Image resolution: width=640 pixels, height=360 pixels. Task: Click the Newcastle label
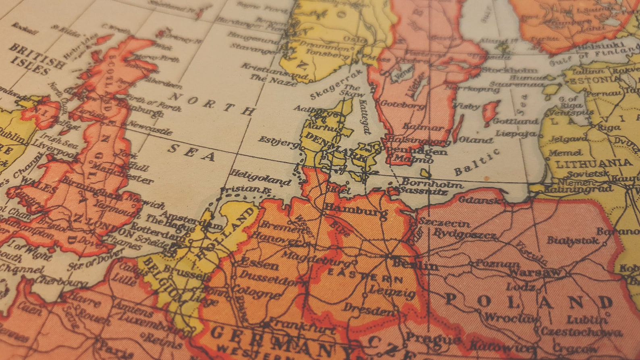150,128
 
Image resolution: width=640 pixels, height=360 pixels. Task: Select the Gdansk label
481,200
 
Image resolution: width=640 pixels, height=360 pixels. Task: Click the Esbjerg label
278,142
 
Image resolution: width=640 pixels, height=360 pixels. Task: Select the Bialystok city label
572,241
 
